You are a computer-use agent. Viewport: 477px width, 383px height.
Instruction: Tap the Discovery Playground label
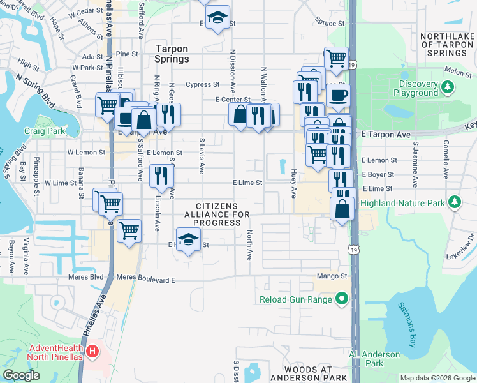pos(418,89)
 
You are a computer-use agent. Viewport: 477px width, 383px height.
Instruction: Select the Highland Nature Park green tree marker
pos(454,203)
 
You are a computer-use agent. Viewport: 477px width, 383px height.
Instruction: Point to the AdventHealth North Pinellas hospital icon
pos(92,350)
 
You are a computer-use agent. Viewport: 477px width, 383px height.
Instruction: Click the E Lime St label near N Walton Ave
pos(247,183)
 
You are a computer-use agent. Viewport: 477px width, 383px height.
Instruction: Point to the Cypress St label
pos(202,84)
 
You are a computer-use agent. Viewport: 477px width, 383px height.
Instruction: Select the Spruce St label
pos(330,23)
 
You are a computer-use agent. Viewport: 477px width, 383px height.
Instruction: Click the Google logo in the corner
pos(21,375)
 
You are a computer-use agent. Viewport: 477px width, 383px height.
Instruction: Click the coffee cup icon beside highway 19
pos(338,96)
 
